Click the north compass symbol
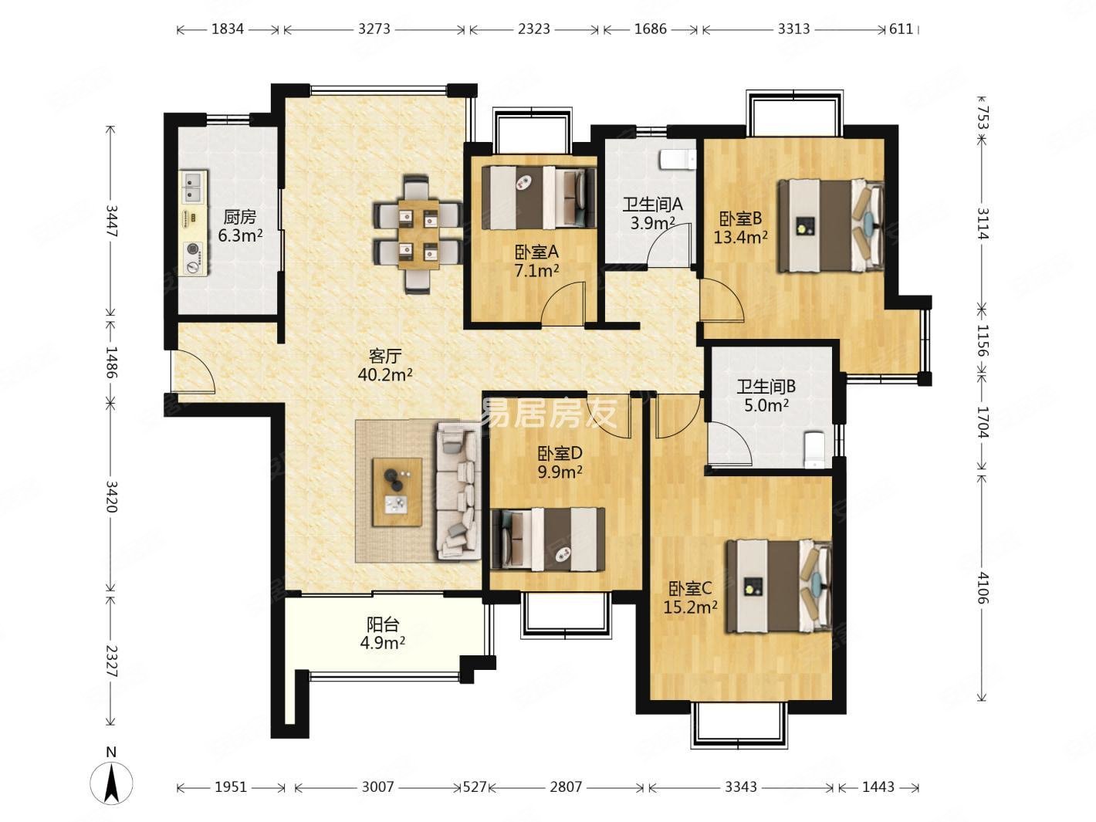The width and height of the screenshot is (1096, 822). click(x=111, y=782)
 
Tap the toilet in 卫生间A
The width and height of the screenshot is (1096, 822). click(x=678, y=159)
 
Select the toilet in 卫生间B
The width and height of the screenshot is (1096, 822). click(x=814, y=450)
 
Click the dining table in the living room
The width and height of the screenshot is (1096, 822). click(x=418, y=234)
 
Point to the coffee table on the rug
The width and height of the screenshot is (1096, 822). click(x=397, y=492)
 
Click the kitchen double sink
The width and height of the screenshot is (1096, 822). click(x=194, y=187)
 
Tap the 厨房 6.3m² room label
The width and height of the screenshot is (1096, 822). click(x=240, y=226)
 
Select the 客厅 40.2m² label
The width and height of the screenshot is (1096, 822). click(x=385, y=365)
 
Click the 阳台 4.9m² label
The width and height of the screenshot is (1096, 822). click(x=383, y=634)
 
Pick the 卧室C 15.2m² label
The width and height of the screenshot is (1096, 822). click(x=691, y=598)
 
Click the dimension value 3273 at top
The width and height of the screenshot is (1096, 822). click(x=374, y=29)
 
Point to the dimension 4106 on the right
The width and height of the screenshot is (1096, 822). click(x=983, y=588)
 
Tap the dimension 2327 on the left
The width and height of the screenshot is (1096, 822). click(x=111, y=661)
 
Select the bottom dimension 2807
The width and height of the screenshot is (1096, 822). click(x=566, y=787)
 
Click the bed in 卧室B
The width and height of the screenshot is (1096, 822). click(x=830, y=225)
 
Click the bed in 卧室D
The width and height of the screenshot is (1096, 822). click(x=548, y=539)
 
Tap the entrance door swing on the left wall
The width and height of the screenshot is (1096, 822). click(x=193, y=372)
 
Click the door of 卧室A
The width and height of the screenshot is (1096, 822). click(x=563, y=304)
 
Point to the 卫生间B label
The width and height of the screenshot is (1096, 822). click(x=766, y=387)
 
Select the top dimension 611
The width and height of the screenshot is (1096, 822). click(x=901, y=29)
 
